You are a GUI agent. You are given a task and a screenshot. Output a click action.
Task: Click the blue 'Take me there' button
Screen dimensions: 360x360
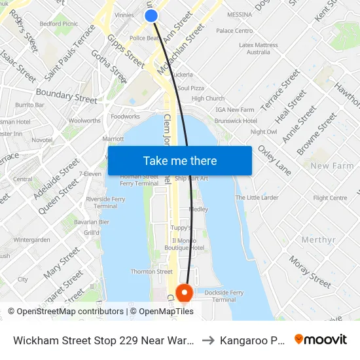coord(179,160)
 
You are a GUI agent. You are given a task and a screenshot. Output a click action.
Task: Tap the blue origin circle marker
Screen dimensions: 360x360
coord(151,15)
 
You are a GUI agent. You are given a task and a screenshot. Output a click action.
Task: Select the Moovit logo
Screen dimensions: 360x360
coord(321,339)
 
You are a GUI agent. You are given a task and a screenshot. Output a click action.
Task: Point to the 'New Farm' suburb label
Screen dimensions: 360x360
coord(332,166)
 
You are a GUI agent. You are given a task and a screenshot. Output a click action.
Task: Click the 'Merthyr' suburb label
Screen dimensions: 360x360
coord(318,240)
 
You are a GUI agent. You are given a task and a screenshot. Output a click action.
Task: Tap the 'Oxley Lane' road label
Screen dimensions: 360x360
coord(274,160)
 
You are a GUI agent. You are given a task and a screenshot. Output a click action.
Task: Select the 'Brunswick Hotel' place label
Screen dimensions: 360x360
coord(236,121)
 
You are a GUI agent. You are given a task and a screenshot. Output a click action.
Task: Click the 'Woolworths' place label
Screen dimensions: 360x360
coord(84,120)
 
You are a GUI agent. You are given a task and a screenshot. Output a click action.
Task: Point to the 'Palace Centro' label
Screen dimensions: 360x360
coord(234,31)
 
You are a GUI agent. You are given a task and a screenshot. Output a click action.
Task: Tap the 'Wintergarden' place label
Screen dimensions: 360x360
coord(31,240)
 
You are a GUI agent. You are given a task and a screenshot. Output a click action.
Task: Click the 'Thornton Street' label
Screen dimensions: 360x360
coord(151,272)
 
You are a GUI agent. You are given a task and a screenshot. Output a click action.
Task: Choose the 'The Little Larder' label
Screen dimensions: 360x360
coord(257,198)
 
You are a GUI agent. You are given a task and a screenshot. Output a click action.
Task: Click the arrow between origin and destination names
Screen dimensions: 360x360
coord(207,340)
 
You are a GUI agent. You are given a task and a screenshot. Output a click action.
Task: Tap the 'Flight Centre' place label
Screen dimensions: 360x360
coord(330,198)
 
